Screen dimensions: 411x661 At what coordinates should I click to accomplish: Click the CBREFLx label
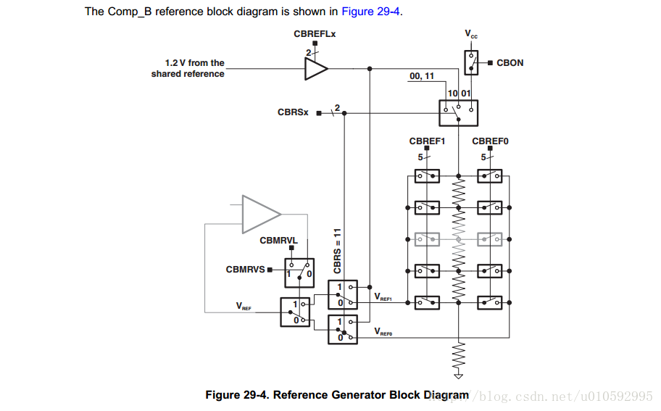click(x=315, y=34)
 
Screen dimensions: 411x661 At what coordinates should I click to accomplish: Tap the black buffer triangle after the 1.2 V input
click(x=315, y=69)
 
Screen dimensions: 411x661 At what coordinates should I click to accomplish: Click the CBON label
click(x=510, y=63)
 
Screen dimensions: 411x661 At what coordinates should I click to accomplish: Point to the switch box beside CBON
click(x=471, y=63)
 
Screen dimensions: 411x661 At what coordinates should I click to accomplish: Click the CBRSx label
click(x=293, y=112)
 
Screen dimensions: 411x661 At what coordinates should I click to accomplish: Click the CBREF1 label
click(x=427, y=141)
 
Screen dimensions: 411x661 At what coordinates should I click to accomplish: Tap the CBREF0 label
click(x=490, y=141)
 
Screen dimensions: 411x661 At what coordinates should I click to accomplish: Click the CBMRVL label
click(x=279, y=241)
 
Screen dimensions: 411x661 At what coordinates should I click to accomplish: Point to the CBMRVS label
click(x=246, y=270)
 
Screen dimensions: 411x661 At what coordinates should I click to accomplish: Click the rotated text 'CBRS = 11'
click(x=337, y=251)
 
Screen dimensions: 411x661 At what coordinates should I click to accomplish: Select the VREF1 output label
click(x=383, y=297)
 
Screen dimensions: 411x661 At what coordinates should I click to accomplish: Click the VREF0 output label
click(x=383, y=331)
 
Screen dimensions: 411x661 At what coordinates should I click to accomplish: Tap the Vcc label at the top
click(x=471, y=34)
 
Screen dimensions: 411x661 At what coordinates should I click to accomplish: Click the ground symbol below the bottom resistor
click(x=458, y=375)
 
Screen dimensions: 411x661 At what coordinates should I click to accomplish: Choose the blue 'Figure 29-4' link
click(x=370, y=11)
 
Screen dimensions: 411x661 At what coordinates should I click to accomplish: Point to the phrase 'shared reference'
click(x=188, y=74)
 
